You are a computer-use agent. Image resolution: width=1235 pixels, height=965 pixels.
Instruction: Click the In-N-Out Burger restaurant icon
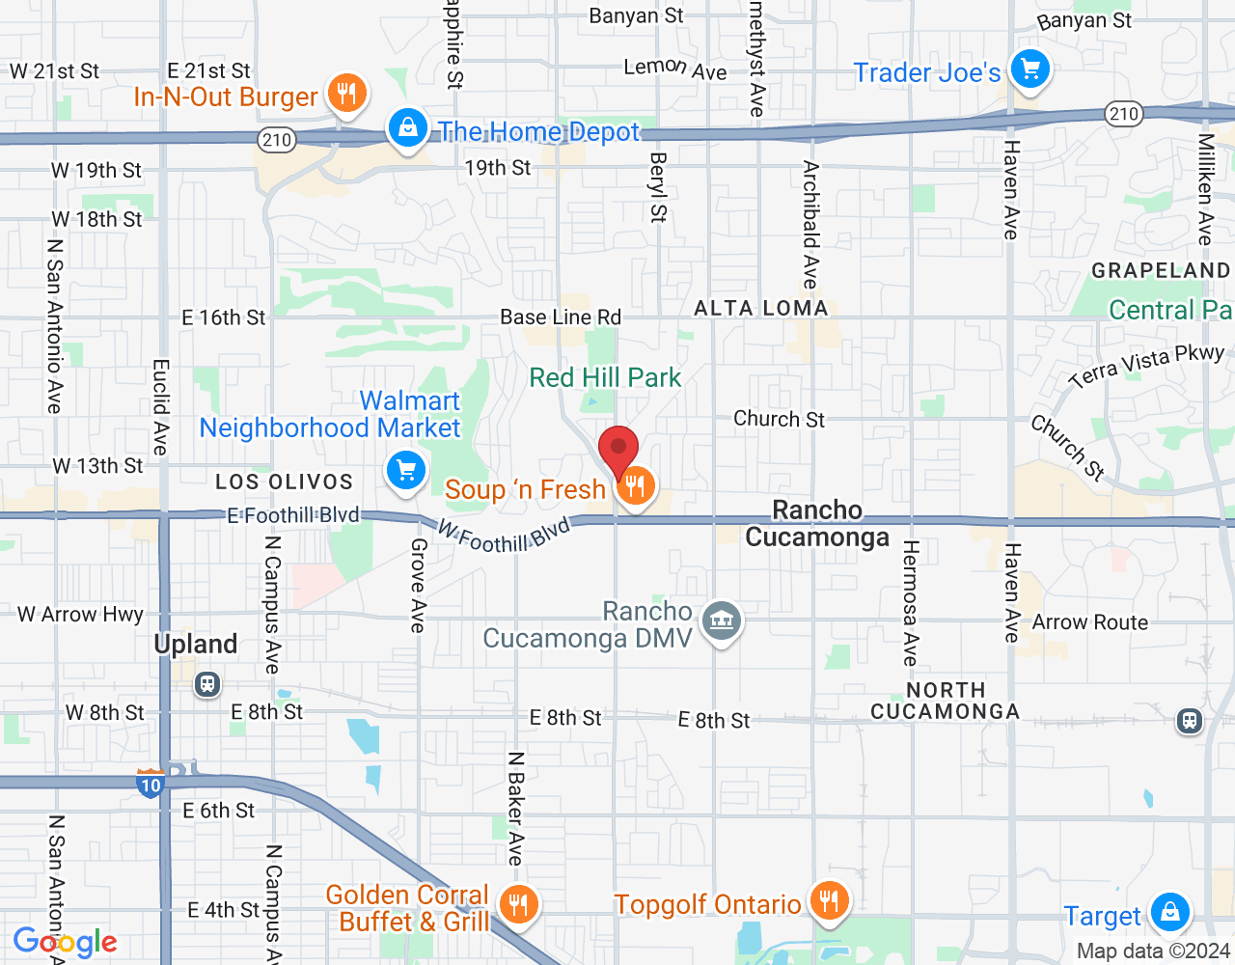tap(345, 94)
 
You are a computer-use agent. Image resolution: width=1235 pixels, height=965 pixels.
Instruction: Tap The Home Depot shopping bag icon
tap(407, 128)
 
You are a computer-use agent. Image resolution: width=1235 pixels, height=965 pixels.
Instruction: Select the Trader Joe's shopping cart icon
tap(1029, 69)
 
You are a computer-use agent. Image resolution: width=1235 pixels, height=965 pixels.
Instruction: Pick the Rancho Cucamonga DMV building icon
tap(722, 620)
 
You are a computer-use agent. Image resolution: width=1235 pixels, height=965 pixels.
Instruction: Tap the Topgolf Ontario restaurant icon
tap(828, 901)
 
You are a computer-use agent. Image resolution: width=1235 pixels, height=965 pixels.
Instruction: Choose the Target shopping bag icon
tap(1169, 911)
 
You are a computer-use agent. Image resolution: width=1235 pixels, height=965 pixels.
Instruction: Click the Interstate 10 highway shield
tap(150, 783)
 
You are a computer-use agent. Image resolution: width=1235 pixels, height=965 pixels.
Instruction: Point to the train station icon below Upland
tap(206, 684)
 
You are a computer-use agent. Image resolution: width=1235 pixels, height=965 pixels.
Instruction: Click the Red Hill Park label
tap(605, 377)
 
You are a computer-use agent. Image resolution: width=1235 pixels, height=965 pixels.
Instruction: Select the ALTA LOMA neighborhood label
tap(761, 308)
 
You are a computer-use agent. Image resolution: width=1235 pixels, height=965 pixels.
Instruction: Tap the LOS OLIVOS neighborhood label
tap(284, 482)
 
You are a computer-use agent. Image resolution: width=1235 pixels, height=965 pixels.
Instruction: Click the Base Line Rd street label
tap(561, 317)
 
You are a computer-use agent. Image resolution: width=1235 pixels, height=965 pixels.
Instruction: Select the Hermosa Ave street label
tap(910, 603)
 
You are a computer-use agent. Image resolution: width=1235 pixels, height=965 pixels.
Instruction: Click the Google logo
tap(66, 942)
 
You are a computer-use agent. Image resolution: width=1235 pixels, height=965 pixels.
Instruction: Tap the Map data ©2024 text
tap(1153, 951)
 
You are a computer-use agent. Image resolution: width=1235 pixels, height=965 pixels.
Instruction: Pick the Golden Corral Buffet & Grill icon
tap(518, 905)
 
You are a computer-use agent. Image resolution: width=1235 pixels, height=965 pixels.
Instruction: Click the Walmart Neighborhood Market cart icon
tap(406, 472)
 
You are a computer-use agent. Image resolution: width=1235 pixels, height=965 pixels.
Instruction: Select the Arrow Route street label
tap(1090, 622)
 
